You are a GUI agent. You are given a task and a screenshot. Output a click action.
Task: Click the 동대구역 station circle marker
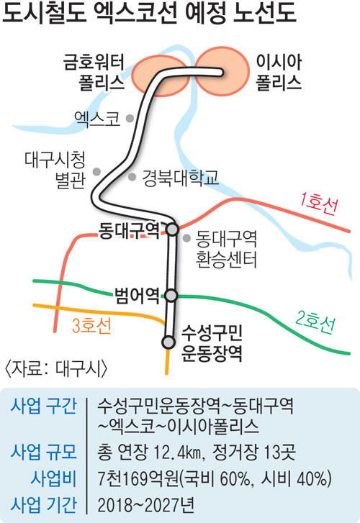[172, 229]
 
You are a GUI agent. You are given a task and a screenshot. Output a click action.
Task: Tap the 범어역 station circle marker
[171, 296]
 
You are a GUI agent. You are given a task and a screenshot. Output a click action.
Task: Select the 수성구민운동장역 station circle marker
[168, 342]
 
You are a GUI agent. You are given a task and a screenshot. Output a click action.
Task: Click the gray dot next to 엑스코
[130, 118]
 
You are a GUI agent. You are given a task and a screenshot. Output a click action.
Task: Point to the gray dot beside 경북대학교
[132, 177]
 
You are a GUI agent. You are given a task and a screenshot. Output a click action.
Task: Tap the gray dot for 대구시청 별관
[96, 172]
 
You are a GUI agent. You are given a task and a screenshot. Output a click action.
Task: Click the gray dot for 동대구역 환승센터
[187, 238]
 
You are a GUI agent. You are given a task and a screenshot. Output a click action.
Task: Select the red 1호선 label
[318, 203]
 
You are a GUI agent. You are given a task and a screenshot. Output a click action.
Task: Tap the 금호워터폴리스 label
[94, 73]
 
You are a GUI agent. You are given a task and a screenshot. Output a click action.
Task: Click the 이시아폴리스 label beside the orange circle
[279, 73]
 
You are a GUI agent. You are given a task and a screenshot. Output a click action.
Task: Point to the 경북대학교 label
[180, 178]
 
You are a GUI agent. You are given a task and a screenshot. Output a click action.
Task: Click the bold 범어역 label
[137, 295]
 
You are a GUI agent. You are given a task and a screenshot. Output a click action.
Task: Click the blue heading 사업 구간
[44, 406]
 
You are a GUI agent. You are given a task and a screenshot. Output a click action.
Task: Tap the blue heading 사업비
[53, 478]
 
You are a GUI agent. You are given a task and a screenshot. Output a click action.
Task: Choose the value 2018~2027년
[146, 505]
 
